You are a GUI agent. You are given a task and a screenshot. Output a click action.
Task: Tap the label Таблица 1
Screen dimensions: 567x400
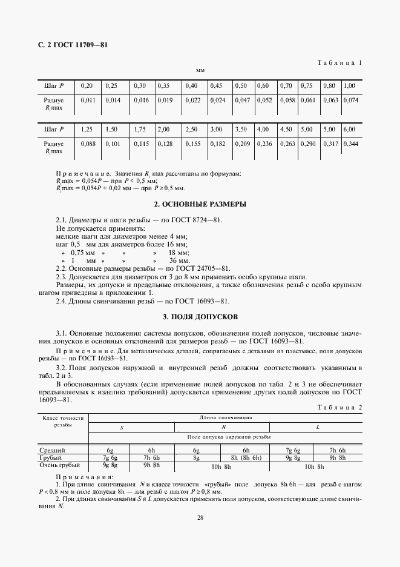click(x=339, y=62)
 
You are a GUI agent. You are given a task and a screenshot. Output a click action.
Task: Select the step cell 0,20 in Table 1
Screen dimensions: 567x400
click(x=87, y=85)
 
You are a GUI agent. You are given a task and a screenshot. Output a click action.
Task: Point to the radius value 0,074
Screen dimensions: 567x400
click(x=351, y=100)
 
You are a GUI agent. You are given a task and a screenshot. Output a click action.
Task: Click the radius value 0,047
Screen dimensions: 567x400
click(x=241, y=100)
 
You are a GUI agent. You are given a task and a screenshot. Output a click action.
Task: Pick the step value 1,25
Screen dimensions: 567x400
click(x=88, y=130)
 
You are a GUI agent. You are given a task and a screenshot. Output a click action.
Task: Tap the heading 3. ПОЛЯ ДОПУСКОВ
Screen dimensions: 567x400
click(x=200, y=316)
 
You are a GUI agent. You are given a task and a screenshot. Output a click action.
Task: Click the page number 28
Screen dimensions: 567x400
click(x=200, y=517)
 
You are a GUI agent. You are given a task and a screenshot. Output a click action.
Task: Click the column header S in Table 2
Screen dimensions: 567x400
click(x=121, y=428)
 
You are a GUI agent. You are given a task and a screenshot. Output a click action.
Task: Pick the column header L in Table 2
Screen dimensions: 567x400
click(x=318, y=428)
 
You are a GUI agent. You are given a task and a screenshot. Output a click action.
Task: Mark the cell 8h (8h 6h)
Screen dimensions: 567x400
click(x=246, y=459)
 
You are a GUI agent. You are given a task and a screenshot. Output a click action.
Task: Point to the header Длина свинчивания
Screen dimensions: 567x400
click(x=226, y=418)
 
